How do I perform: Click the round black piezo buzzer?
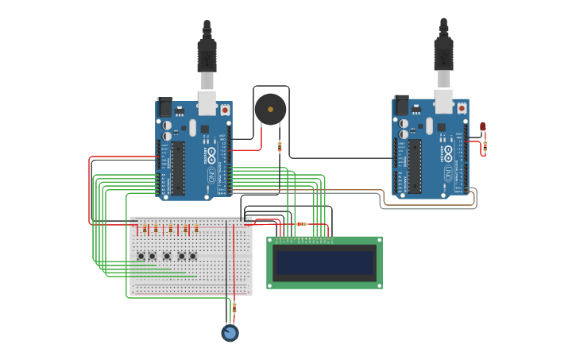coord(269,109)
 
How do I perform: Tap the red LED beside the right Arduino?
coord(482,127)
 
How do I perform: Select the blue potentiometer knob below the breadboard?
coord(230,333)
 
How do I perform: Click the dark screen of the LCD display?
coord(324,262)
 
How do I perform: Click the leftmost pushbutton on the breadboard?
coord(141,256)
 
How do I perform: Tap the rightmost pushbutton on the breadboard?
coord(192,256)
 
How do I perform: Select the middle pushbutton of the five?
coord(167,256)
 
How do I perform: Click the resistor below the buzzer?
coord(279,146)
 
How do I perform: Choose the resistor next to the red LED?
coord(485,145)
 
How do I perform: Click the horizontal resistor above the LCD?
coord(301,224)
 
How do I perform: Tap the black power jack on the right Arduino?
coord(401,106)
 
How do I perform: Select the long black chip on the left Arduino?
coord(179,168)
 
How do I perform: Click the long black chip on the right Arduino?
coord(415,166)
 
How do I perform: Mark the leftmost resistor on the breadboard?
coord(145,230)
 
